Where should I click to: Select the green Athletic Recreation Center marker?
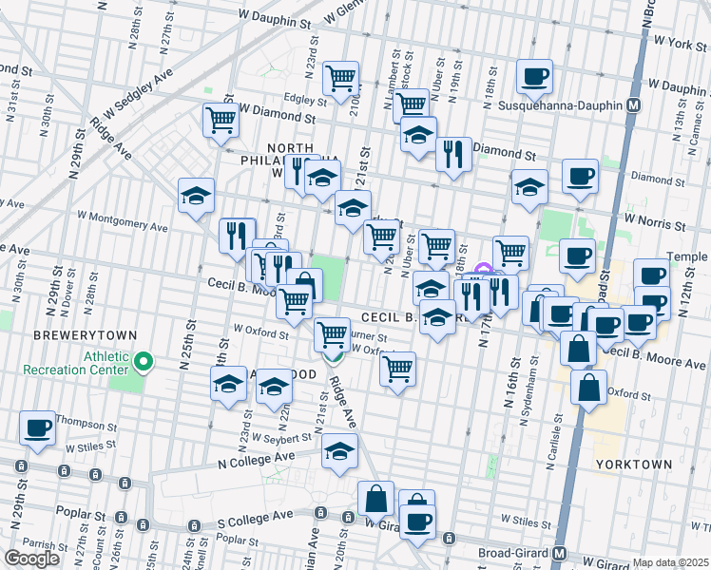tap(144, 361)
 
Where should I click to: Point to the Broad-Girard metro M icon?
tap(560, 554)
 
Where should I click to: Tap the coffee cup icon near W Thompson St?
tap(37, 427)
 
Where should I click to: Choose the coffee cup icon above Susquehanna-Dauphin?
tap(534, 76)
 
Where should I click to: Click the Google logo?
tap(32, 559)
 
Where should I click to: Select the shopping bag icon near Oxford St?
tap(589, 386)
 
